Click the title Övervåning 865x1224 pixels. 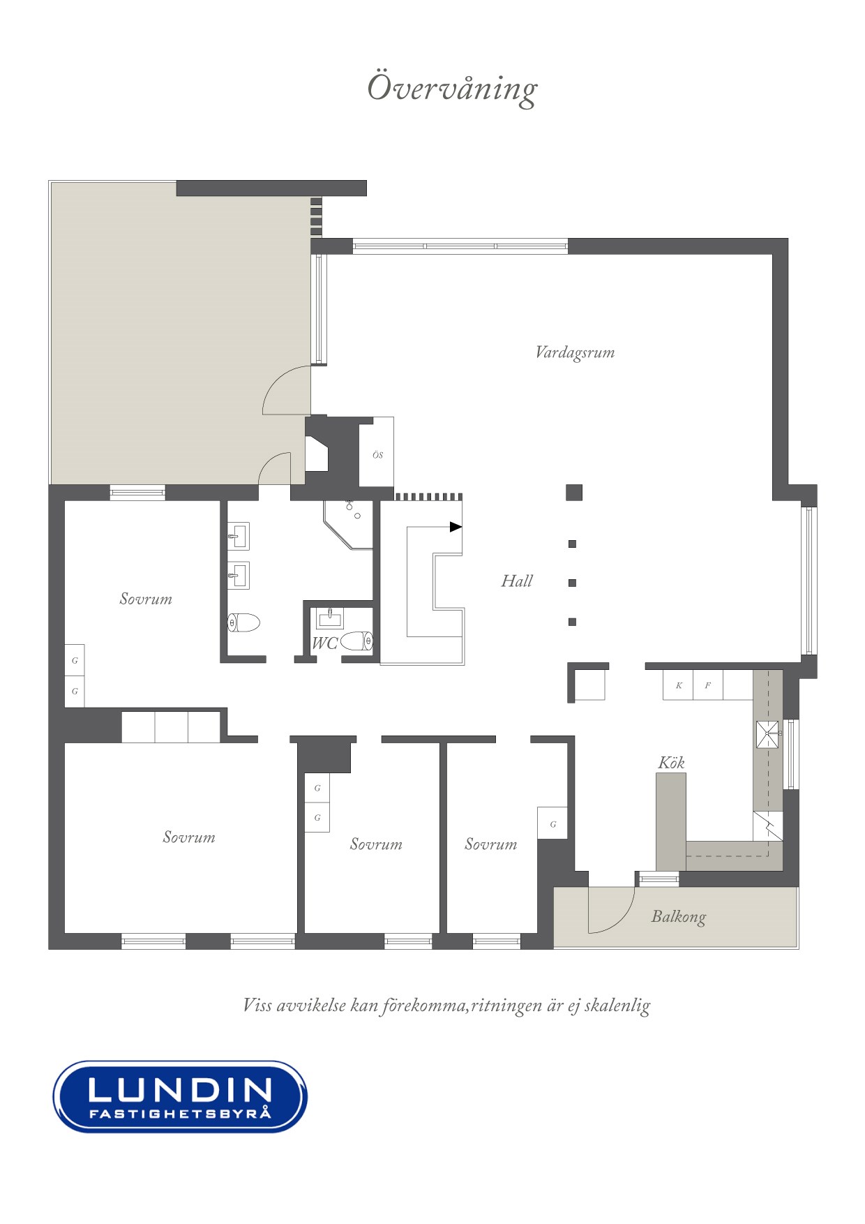coord(452,89)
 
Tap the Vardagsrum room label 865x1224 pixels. coord(575,352)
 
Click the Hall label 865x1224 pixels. coord(517,581)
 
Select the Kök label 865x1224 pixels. coord(671,762)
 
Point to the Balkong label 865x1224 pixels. coord(678,917)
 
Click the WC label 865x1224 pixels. coord(324,643)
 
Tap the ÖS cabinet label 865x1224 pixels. coord(377,455)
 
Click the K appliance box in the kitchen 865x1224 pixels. coord(678,685)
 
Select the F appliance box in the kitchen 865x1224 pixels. coord(708,685)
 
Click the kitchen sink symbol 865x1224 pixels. coord(768,734)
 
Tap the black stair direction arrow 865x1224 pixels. coord(456,527)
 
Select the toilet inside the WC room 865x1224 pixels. coord(357,641)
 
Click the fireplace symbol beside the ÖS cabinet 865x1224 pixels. coord(317,454)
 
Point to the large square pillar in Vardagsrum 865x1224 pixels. coord(573,493)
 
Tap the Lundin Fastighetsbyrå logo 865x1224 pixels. coord(180,1096)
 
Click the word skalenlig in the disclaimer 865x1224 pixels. coord(617,1006)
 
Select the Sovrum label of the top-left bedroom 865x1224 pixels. coord(146,599)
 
